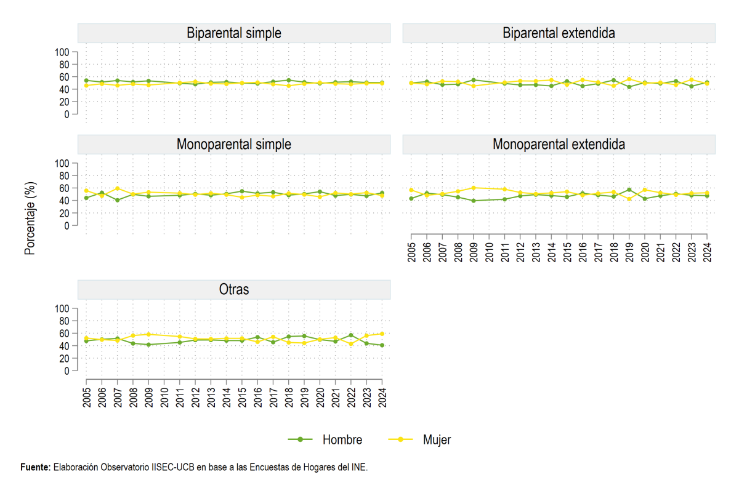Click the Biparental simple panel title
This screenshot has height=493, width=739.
click(234, 33)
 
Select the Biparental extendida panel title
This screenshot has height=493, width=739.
click(559, 33)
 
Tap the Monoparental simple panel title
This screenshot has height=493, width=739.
click(234, 145)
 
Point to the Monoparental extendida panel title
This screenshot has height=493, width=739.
click(559, 145)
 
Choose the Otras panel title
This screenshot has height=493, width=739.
click(234, 289)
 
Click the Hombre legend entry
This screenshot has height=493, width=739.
click(325, 439)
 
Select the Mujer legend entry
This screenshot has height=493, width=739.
click(419, 439)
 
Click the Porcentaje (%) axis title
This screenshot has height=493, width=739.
click(30, 218)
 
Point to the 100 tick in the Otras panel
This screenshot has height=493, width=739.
click(62, 308)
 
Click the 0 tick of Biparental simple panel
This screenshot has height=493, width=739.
click(67, 114)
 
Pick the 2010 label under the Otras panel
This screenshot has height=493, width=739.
click(164, 398)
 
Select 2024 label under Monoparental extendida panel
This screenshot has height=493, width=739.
click(707, 252)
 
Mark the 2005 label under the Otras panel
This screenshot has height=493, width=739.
click(86, 398)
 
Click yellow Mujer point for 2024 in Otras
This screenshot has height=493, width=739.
click(382, 334)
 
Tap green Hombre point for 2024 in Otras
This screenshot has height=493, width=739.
click(382, 345)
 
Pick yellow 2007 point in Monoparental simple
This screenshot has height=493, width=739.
click(118, 188)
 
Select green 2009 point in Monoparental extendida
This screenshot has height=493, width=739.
click(474, 201)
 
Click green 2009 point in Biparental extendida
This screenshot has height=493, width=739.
click(474, 80)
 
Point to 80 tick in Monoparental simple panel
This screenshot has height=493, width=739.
click(64, 176)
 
